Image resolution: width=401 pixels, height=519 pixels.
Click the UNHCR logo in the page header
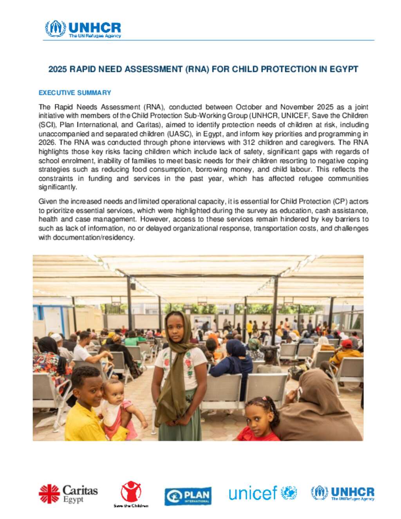[x=83, y=29]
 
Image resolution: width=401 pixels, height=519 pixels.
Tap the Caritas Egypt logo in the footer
[x=68, y=494]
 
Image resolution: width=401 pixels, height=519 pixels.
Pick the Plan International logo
[x=188, y=496]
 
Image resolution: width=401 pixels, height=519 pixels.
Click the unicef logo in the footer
[x=262, y=493]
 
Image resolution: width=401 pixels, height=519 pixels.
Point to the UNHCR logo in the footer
[x=343, y=493]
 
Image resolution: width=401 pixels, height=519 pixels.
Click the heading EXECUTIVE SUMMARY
[x=75, y=93]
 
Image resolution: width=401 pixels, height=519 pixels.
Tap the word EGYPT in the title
[x=344, y=69]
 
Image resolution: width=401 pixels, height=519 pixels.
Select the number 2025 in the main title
[x=58, y=69]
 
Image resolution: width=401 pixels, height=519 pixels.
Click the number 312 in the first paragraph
[x=248, y=143]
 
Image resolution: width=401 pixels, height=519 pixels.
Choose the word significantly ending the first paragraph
[x=58, y=187]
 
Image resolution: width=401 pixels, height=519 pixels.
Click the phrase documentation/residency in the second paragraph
[x=94, y=237]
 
